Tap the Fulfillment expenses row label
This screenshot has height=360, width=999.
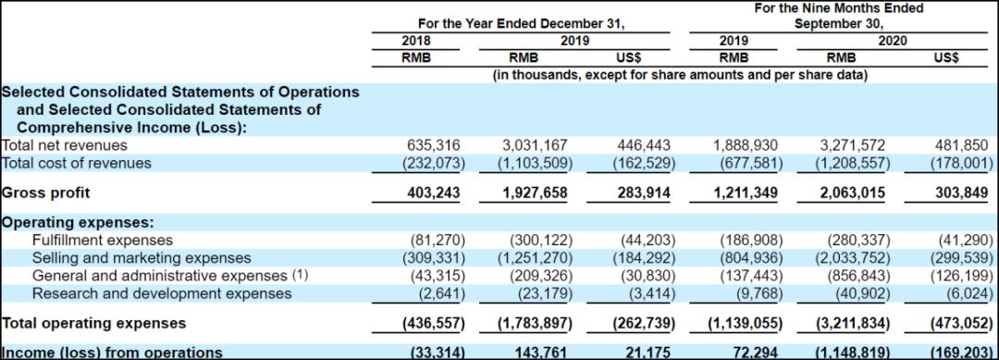coord(103,241)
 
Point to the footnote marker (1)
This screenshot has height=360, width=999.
coord(300,275)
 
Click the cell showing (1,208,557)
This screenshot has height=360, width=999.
coord(854,163)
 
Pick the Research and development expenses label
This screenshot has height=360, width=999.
coord(162,293)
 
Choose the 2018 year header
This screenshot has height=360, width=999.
coord(416,41)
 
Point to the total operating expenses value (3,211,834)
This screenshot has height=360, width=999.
coord(854,323)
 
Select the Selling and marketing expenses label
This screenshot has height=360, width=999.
coord(142,258)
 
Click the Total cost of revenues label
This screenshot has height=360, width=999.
coord(77,163)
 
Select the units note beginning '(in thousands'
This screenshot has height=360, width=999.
coord(681,75)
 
